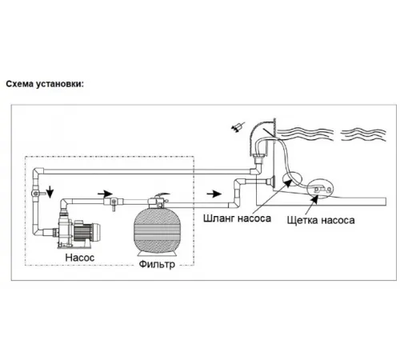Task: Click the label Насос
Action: click(x=80, y=258)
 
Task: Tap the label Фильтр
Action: click(x=157, y=264)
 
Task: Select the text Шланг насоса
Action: click(x=237, y=218)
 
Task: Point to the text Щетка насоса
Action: click(x=321, y=220)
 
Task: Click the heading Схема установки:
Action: click(x=45, y=84)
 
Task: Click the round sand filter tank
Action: click(x=157, y=230)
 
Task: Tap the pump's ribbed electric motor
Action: click(x=86, y=232)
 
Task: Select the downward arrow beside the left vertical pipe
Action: click(x=50, y=191)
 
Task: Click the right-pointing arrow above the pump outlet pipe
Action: click(x=105, y=194)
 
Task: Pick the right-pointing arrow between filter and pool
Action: click(x=214, y=194)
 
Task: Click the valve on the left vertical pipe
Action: click(x=37, y=193)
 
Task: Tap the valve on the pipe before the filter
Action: click(x=114, y=202)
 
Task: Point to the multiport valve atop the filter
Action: click(x=158, y=201)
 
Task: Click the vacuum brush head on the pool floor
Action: click(x=322, y=189)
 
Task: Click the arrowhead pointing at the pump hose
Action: click(x=288, y=182)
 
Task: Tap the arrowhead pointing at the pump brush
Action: click(x=314, y=199)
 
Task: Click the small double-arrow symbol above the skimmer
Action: click(x=238, y=126)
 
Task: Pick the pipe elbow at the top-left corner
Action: click(x=38, y=171)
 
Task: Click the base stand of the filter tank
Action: click(x=157, y=253)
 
